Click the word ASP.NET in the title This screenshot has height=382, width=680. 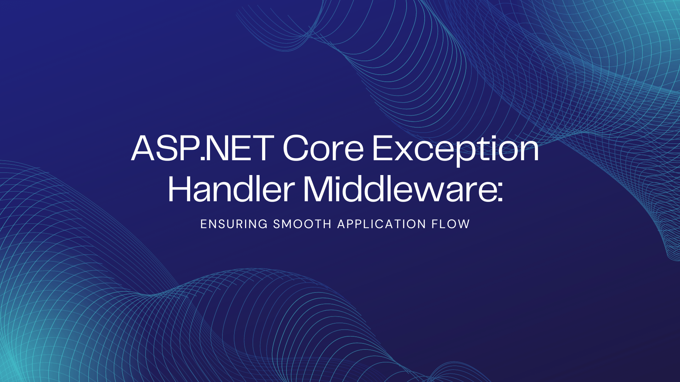point(203,149)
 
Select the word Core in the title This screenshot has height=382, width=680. point(323,149)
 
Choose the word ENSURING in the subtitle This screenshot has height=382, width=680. point(234,224)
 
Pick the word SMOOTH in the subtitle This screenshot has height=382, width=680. point(302,224)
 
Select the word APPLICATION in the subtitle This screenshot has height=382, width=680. point(381,224)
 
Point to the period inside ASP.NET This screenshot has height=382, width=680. point(203,159)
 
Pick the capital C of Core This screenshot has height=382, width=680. point(296,149)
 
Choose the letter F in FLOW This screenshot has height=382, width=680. point(434,224)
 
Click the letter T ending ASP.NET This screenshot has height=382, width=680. point(261,149)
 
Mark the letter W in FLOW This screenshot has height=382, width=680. point(464,224)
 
